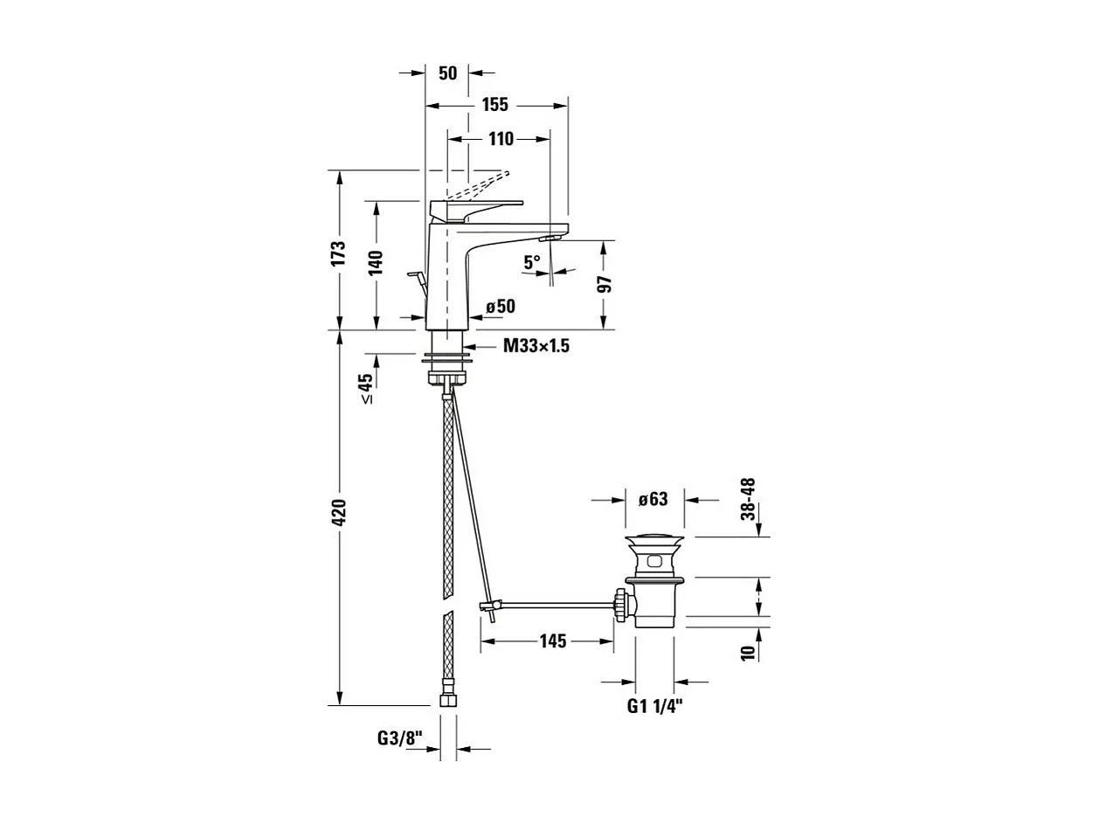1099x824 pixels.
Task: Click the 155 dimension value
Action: tap(494, 105)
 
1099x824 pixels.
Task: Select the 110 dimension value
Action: tap(501, 138)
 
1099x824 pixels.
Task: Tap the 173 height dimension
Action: tap(339, 253)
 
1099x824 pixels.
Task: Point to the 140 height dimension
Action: tap(376, 263)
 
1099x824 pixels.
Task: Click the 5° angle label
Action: tap(532, 260)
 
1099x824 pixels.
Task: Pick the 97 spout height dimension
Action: tap(605, 285)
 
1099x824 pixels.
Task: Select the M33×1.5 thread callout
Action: tap(536, 346)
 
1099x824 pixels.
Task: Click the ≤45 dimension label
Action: tap(366, 388)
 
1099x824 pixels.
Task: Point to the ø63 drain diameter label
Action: tap(653, 500)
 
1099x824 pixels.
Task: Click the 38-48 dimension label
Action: tap(749, 499)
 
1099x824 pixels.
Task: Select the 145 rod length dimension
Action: tap(552, 641)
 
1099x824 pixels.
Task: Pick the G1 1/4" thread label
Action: tap(654, 706)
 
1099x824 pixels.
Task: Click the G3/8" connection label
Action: tap(400, 738)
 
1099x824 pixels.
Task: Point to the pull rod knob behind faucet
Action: tap(415, 277)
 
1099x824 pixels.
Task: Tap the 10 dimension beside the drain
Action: tap(748, 653)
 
